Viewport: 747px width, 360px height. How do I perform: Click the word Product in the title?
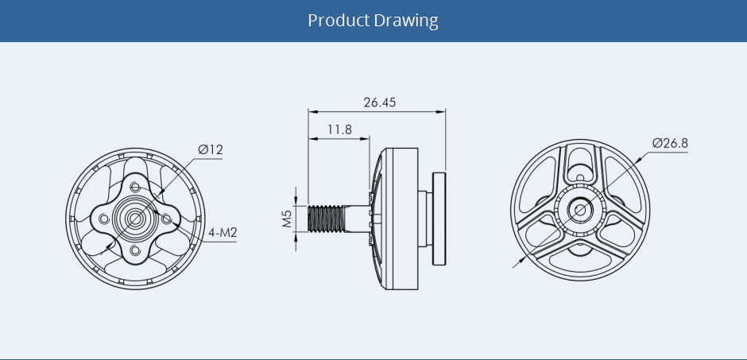pyautogui.click(x=339, y=21)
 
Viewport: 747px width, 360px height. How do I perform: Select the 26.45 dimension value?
pyautogui.click(x=379, y=103)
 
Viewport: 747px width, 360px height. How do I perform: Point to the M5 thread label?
pyautogui.click(x=288, y=219)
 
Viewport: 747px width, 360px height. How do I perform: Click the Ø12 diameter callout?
pyautogui.click(x=211, y=149)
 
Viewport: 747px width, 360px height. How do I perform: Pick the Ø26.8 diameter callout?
pyautogui.click(x=669, y=143)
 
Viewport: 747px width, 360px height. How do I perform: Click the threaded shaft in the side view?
pyautogui.click(x=327, y=219)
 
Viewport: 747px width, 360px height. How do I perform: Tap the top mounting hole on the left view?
pyautogui.click(x=135, y=186)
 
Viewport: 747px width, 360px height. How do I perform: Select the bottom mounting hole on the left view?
pyautogui.click(x=135, y=250)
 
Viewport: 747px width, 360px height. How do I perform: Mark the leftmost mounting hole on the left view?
pyautogui.click(x=103, y=218)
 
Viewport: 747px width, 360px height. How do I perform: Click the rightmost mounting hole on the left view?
pyautogui.click(x=168, y=217)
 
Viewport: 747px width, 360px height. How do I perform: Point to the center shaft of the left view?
pyautogui.click(x=135, y=218)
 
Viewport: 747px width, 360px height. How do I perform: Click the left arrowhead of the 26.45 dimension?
pyautogui.click(x=312, y=112)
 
